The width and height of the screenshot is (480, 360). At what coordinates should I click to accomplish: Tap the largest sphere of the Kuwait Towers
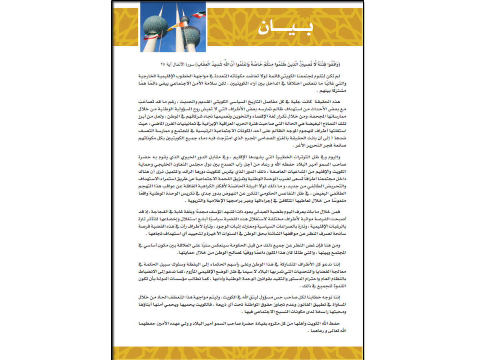[155, 26]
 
